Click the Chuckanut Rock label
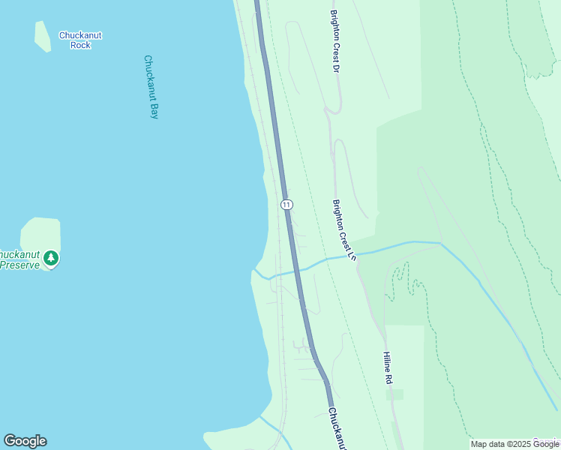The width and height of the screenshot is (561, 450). click(x=80, y=40)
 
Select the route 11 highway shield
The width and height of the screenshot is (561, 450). click(x=286, y=204)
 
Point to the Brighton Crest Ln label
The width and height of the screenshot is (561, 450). click(x=343, y=229)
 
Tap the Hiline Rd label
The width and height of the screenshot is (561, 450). click(x=388, y=368)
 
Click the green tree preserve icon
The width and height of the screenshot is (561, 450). click(x=50, y=259)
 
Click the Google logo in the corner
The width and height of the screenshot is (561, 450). click(x=25, y=441)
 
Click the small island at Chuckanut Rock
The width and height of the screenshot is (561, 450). click(x=42, y=35)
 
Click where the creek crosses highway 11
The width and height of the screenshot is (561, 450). click(x=297, y=269)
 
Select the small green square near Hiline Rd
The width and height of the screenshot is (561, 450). click(x=394, y=394)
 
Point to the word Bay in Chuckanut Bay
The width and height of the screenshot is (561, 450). click(x=154, y=111)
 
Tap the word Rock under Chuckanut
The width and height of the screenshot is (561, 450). click(x=80, y=45)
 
